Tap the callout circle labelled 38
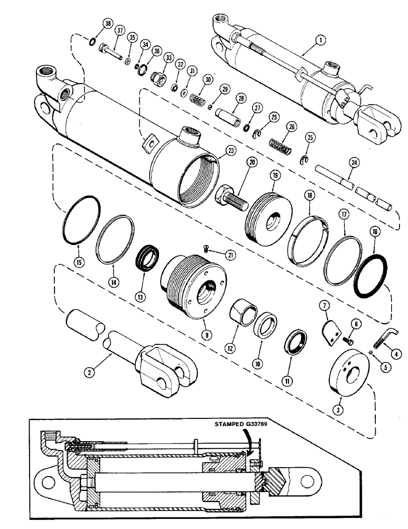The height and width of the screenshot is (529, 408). tap(108, 24)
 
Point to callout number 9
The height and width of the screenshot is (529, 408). tap(203, 334)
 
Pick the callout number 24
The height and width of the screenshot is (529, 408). tap(355, 163)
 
